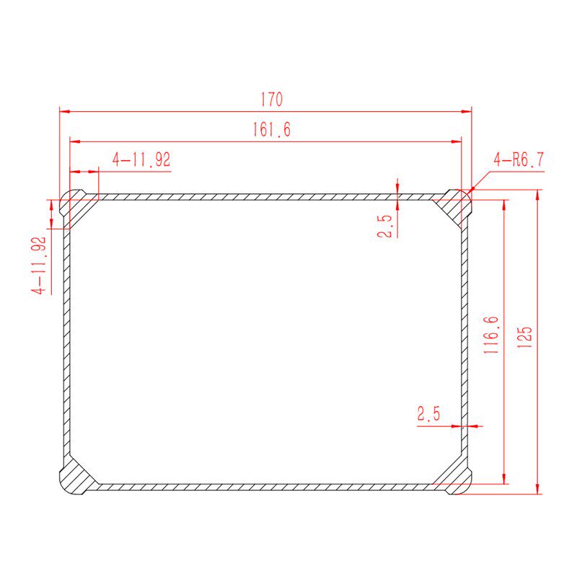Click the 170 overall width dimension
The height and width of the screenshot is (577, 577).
tap(272, 100)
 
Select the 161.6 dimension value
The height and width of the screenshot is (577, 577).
tap(272, 130)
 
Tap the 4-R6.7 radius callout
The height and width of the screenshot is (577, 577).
tap(519, 159)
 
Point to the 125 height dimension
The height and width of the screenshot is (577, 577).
tap(525, 337)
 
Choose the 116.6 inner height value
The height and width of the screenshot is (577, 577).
tap(491, 335)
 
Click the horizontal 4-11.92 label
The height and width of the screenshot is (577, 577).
tap(141, 159)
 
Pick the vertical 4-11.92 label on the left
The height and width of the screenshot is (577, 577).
tap(39, 265)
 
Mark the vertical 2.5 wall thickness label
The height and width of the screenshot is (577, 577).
tap(385, 226)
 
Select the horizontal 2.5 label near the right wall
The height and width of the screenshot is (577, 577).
tap(428, 413)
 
